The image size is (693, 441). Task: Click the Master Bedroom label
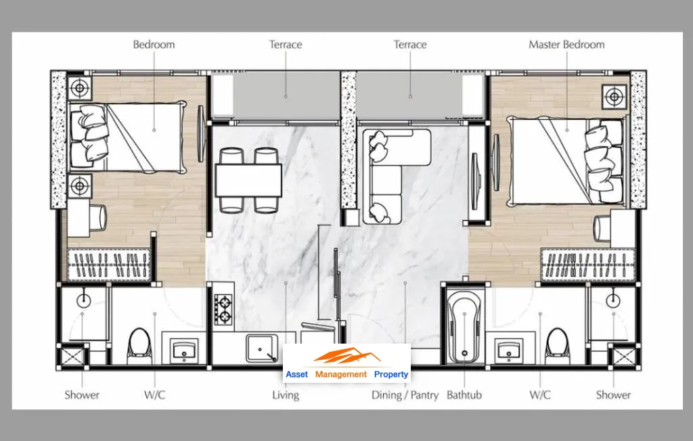tap(566, 45)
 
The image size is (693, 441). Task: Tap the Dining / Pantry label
tap(405, 394)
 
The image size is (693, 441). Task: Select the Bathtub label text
tap(464, 394)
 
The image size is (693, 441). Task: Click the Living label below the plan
tap(286, 394)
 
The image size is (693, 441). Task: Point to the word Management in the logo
tap(341, 374)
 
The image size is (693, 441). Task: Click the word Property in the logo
tap(391, 374)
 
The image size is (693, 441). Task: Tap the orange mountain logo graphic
tap(347, 356)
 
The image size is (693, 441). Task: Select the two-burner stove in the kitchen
tap(223, 310)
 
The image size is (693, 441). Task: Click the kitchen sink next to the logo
tap(262, 348)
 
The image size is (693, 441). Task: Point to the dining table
tap(249, 181)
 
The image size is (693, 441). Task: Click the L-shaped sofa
tap(389, 177)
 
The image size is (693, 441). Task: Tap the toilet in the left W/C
tap(139, 343)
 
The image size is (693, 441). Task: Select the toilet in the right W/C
tap(558, 343)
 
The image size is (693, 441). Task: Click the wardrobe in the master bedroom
tap(588, 265)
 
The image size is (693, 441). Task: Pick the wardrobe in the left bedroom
tap(109, 264)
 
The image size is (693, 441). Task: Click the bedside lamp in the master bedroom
tap(614, 97)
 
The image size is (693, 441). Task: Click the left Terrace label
tap(286, 45)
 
